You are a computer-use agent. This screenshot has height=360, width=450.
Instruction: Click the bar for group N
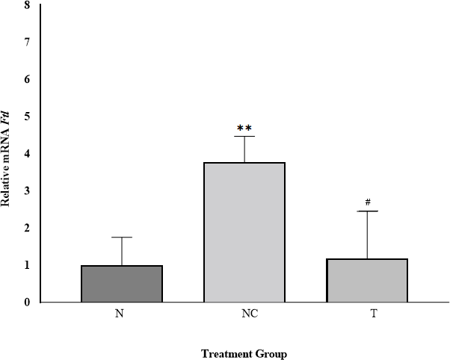click(121, 284)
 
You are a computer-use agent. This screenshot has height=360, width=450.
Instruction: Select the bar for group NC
click(244, 232)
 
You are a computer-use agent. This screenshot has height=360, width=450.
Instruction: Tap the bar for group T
click(367, 280)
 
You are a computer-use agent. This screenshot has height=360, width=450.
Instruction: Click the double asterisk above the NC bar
click(244, 128)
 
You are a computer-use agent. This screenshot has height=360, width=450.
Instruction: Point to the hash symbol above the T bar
click(368, 202)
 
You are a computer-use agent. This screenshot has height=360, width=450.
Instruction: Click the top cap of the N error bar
click(121, 237)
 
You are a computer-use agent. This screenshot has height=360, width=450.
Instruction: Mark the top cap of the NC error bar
click(244, 136)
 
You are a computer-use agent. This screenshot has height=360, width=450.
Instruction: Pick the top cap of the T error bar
click(367, 211)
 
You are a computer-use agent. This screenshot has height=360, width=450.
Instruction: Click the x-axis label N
click(120, 314)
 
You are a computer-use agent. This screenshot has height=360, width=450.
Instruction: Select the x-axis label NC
click(244, 314)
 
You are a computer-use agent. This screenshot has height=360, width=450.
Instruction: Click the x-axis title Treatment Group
click(244, 353)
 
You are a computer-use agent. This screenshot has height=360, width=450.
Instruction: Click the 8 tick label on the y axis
click(27, 5)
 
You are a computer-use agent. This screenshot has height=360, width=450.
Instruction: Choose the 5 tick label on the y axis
click(27, 117)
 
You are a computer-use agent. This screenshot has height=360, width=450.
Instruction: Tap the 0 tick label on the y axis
click(27, 302)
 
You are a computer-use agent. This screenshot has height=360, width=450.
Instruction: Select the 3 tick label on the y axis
click(27, 191)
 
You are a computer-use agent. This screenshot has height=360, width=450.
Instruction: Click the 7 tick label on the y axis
click(27, 43)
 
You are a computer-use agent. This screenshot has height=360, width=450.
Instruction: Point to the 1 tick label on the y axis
click(27, 265)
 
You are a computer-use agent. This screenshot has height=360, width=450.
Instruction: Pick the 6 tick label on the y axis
click(27, 79)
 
